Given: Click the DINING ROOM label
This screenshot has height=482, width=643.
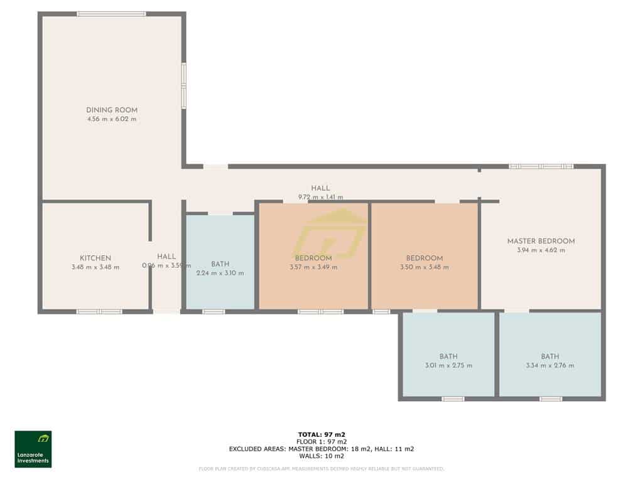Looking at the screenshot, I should click(x=112, y=110).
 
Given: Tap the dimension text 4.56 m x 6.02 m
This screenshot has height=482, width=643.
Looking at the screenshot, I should click(x=112, y=119).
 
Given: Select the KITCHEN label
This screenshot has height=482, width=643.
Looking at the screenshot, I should click(x=95, y=258).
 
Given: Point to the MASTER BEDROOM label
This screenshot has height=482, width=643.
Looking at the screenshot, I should click(x=541, y=241).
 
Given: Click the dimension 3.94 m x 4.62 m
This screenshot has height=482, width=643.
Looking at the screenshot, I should click(x=541, y=250).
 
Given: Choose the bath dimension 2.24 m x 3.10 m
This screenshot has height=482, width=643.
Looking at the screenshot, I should click(x=220, y=273).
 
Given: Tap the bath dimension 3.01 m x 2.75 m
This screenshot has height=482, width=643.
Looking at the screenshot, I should click(x=448, y=365).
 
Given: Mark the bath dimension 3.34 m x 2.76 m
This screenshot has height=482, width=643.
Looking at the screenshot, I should click(x=550, y=365).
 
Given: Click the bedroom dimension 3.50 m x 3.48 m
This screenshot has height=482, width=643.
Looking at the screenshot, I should click(x=424, y=267).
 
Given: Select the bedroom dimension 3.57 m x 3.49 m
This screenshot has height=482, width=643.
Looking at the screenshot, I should click(x=313, y=267).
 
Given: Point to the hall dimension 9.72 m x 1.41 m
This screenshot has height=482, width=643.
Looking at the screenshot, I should click(x=320, y=197).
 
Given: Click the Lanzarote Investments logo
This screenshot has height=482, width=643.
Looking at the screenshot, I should click(x=33, y=449).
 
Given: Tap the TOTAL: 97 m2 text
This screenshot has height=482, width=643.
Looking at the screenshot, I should click(x=321, y=434).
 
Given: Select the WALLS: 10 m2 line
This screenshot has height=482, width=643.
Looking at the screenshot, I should click(x=321, y=456).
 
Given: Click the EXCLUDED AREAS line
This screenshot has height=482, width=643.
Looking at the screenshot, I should click(x=321, y=449).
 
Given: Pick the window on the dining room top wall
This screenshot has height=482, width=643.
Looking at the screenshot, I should click(x=112, y=14).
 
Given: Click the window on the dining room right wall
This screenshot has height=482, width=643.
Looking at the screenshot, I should click(x=184, y=85).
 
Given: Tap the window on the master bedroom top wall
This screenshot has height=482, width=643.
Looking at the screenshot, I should click(x=541, y=166).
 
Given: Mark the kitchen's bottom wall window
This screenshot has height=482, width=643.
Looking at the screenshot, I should click(x=99, y=311).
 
